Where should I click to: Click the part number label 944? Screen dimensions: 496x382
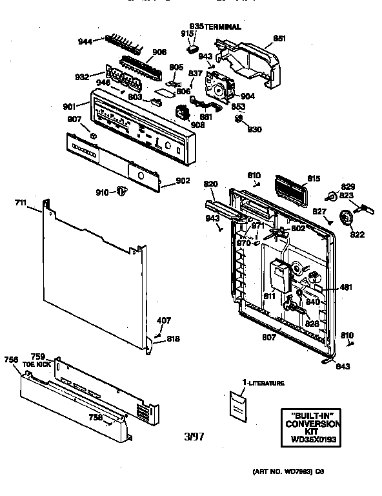pos(85,41)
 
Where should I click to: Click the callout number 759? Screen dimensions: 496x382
pos(38,356)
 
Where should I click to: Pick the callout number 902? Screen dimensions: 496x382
pos(183,181)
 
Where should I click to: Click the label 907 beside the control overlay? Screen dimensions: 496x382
pos(74,118)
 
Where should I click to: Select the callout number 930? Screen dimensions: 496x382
pos(255,129)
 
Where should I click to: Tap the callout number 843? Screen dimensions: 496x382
pos(342,366)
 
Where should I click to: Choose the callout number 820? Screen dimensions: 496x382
pos(211,185)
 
